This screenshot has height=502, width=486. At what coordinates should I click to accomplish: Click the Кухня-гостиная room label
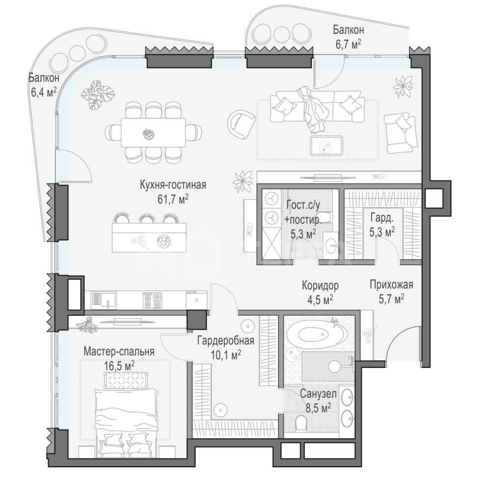click(173, 185)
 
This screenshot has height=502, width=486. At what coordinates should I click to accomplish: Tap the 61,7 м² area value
click(173, 199)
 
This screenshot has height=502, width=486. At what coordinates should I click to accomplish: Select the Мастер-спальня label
click(119, 351)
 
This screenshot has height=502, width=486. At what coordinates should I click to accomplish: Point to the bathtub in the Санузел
click(316, 334)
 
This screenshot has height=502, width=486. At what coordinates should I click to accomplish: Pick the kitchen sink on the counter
click(104, 301)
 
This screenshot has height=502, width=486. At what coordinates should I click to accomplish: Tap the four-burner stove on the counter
click(153, 301)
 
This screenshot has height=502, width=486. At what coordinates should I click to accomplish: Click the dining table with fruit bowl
click(153, 132)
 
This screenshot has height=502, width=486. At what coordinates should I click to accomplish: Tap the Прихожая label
click(391, 284)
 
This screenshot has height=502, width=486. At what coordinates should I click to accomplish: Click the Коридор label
click(320, 285)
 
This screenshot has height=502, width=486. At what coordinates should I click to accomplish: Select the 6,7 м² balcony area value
click(348, 44)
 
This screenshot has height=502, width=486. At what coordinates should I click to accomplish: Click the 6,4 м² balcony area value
click(44, 92)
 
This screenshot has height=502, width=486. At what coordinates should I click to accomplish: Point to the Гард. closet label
click(382, 218)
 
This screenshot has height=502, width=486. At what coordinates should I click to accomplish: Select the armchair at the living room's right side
click(400, 133)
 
